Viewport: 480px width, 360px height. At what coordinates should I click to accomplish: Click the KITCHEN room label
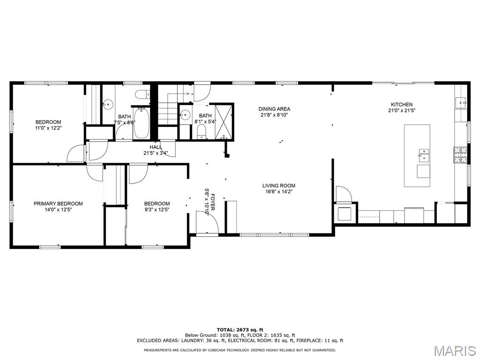[x=402, y=105]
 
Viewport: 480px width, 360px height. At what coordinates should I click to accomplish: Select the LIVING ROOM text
[x=278, y=186]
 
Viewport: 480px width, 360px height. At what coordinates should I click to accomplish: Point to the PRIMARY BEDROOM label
[x=58, y=203]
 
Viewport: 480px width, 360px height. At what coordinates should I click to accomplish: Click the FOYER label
[x=212, y=198]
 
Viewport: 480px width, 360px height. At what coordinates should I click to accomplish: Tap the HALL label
[x=156, y=147]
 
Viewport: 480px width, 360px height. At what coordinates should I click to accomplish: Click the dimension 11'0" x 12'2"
[x=48, y=128]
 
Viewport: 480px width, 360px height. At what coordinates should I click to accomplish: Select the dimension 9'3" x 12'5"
[x=157, y=210]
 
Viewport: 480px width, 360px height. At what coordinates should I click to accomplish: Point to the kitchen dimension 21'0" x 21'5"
[x=402, y=111]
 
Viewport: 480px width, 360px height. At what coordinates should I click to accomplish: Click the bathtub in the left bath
[x=141, y=123]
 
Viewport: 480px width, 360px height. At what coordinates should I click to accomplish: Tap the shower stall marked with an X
[x=224, y=121]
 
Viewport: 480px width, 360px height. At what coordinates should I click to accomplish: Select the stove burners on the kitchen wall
[x=459, y=155]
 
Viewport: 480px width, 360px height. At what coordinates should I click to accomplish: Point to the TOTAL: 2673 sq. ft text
[x=240, y=330]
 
